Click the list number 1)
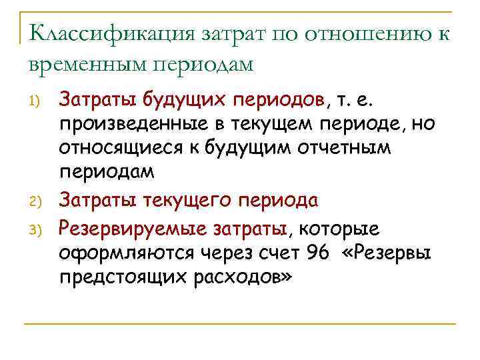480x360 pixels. click(37, 101)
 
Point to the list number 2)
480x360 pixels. click(37, 201)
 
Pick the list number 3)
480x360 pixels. click(37, 231)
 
